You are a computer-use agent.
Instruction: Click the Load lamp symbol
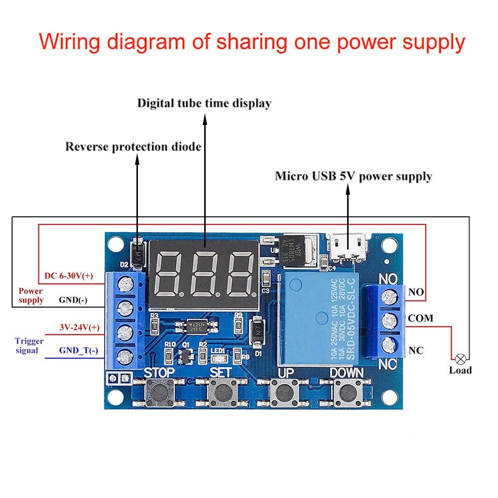[461, 358]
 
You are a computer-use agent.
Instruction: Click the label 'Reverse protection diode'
[133, 147]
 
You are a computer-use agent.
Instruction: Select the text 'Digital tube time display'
[204, 104]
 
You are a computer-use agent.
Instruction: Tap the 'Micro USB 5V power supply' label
[354, 176]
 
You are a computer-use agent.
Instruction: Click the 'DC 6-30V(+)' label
[69, 275]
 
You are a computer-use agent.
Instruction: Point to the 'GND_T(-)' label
[79, 351]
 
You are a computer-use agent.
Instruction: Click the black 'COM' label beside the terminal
[421, 318]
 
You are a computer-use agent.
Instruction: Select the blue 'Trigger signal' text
[29, 346]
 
